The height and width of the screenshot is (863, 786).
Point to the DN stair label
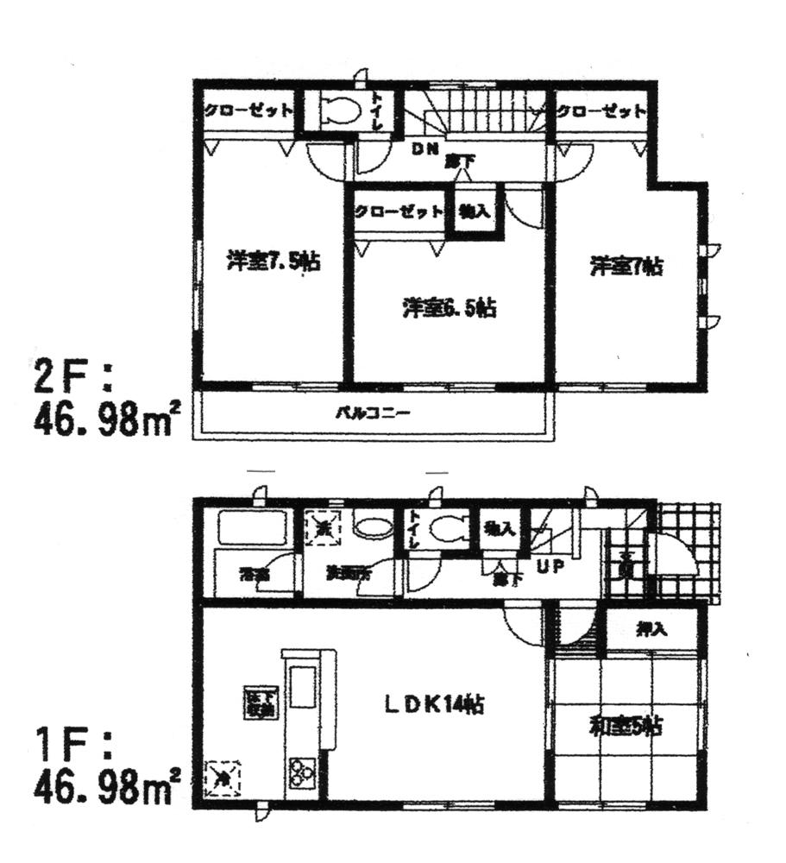click(x=424, y=148)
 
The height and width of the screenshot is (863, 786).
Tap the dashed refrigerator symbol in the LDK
click(x=223, y=779)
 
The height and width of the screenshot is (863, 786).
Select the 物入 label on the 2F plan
click(x=475, y=210)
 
